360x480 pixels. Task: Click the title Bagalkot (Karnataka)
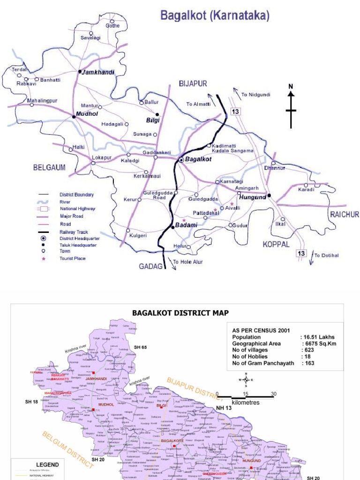215,16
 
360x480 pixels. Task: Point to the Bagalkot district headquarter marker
181,160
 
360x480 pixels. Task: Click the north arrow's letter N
291,86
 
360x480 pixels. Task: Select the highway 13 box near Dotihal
301,254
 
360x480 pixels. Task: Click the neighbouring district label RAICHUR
344,214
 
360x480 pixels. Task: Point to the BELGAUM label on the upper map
49,167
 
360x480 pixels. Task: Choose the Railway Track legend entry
73,232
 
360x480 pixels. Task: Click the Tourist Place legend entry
72,258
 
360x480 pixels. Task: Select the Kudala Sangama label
232,150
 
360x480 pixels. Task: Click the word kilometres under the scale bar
246,402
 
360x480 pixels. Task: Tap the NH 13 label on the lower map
225,408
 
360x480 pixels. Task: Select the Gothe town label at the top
112,26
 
